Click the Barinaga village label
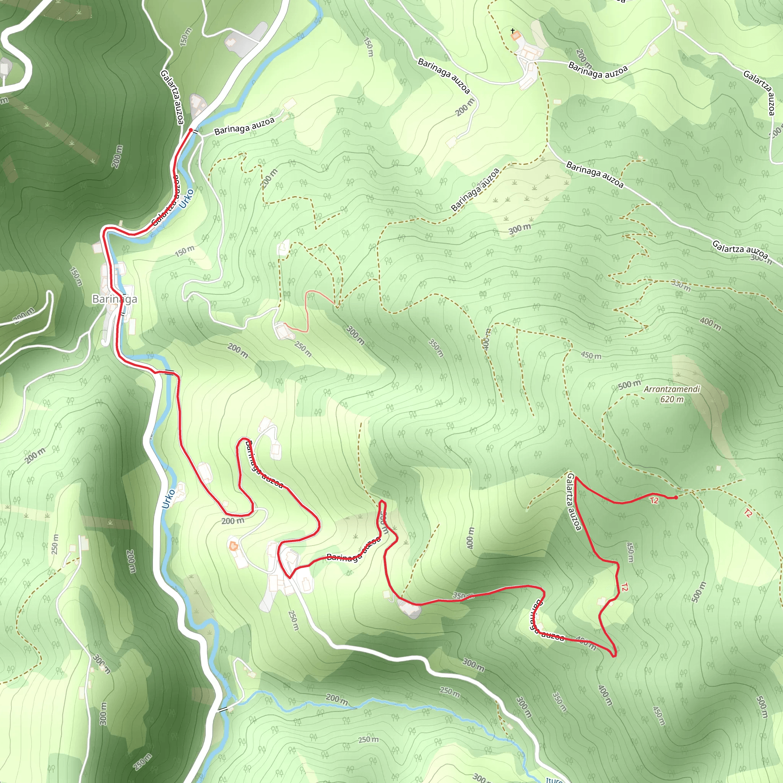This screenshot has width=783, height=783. click(114, 299)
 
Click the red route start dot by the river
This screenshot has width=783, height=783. click(190, 130)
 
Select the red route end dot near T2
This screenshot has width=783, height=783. click(676, 498)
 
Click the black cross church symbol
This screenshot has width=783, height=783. click(513, 31)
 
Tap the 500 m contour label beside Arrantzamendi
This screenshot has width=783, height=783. click(629, 385)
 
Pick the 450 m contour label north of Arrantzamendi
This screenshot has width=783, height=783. click(591, 356)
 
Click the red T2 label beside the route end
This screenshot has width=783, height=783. click(654, 500)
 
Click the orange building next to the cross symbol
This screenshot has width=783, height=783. click(515, 36)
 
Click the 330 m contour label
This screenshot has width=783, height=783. click(681, 285)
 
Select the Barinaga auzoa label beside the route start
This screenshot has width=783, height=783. click(244, 126)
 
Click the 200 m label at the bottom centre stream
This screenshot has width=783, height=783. click(337, 699)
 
